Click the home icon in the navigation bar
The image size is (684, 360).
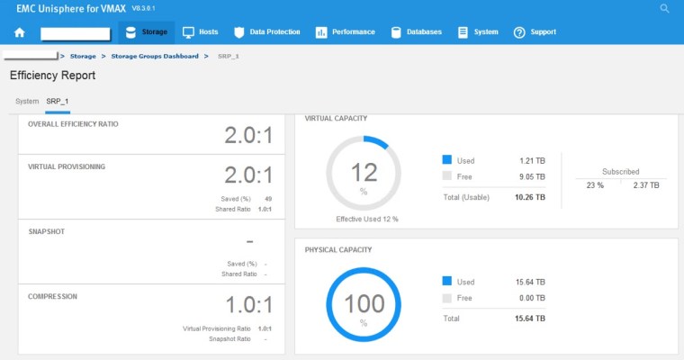pyautogui.click(x=20, y=32)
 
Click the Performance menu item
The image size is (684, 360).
pyautogui.click(x=345, y=32)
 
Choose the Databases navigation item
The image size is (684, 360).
pyautogui.click(x=416, y=32)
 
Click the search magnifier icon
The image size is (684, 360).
pyautogui.click(x=665, y=8)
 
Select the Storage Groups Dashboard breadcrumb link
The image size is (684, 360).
pyautogui.click(x=155, y=56)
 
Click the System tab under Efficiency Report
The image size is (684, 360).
pyautogui.click(x=27, y=101)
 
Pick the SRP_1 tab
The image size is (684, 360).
pyautogui.click(x=58, y=101)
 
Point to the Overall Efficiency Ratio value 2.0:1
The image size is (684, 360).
pyautogui.click(x=248, y=136)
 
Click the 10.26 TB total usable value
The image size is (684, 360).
pyautogui.click(x=529, y=196)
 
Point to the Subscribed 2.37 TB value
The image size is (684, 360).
pyautogui.click(x=647, y=184)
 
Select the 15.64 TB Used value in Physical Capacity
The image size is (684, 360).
pyautogui.click(x=529, y=282)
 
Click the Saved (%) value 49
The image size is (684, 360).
pyautogui.click(x=268, y=199)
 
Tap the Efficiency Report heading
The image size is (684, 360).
pyautogui.click(x=52, y=76)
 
